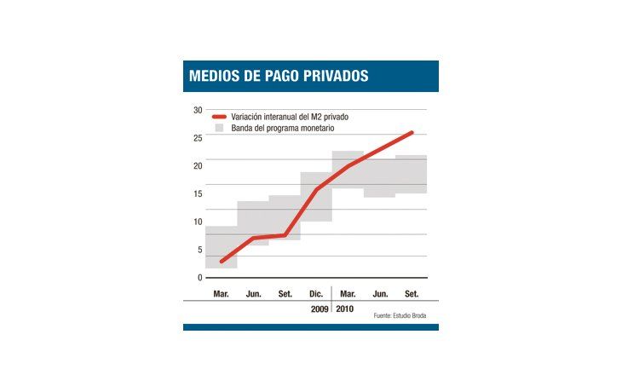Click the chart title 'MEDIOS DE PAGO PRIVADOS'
click(x=279, y=76)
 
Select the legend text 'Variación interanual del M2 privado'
click(x=290, y=116)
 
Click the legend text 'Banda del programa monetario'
click(x=282, y=128)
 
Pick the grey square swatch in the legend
click(x=218, y=128)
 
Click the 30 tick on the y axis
click(x=197, y=110)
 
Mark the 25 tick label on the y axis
click(x=197, y=138)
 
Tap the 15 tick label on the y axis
click(x=197, y=193)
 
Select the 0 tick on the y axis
click(x=199, y=278)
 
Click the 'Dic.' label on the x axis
click(x=316, y=294)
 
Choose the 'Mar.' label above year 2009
click(x=221, y=294)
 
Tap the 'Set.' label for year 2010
click(x=412, y=294)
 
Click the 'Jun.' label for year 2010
click(x=380, y=294)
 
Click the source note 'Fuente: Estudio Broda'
click(x=400, y=316)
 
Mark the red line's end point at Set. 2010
click(x=412, y=132)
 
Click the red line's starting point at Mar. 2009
click(x=221, y=262)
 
